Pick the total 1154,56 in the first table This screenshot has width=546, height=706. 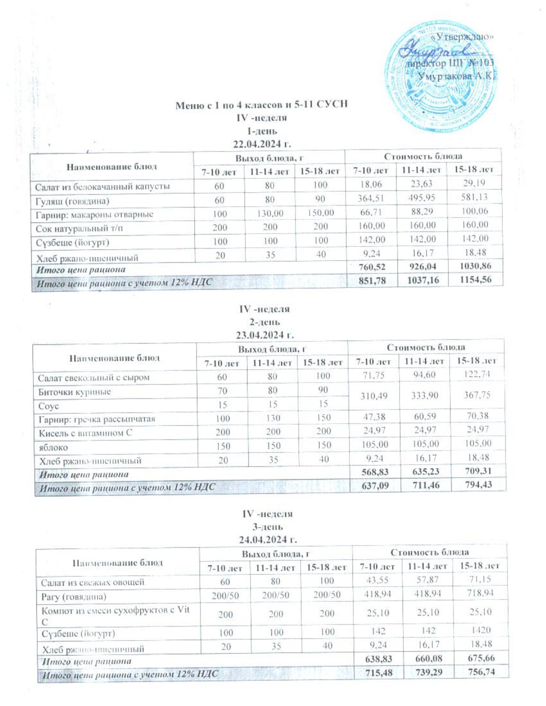474,280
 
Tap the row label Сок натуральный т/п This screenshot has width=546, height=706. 79,228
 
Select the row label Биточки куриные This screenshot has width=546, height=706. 75,392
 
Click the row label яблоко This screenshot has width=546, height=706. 54,447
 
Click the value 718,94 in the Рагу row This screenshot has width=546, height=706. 479,594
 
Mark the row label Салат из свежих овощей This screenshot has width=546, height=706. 92,582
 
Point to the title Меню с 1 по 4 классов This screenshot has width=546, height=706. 261,105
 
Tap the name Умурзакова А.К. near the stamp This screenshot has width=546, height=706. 456,77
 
